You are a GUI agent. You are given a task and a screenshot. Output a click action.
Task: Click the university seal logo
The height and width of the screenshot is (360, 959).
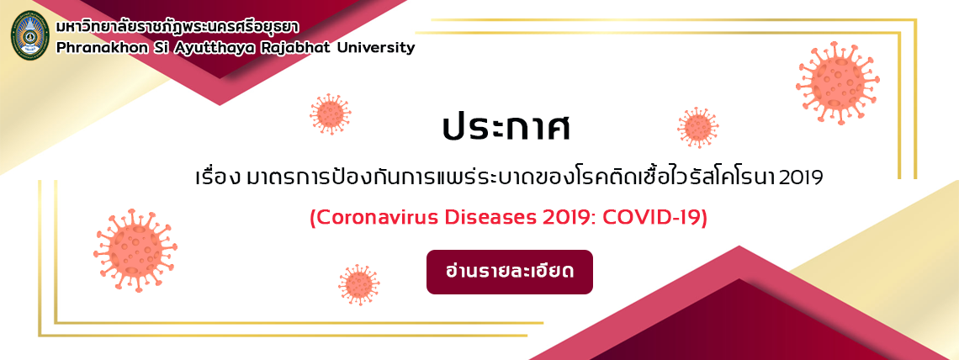click(x=30, y=34)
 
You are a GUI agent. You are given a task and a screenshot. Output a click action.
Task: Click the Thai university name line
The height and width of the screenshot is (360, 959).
click(x=173, y=28)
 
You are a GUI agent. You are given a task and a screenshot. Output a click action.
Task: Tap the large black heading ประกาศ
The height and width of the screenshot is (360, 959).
click(x=506, y=128)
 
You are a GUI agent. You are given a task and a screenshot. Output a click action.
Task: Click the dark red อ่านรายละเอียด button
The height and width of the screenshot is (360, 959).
click(x=510, y=272)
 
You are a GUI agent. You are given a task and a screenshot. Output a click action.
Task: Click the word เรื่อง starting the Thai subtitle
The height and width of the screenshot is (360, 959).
click(x=217, y=177)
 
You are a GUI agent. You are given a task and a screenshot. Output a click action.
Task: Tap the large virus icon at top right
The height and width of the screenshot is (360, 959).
click(x=838, y=82)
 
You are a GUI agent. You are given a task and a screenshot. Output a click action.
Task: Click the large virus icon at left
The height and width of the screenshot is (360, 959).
click(x=135, y=250)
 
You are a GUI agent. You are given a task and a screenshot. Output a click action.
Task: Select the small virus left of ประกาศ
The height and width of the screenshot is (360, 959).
click(x=331, y=114)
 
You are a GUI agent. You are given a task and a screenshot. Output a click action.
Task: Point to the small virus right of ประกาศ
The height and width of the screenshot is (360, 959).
click(x=698, y=128)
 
